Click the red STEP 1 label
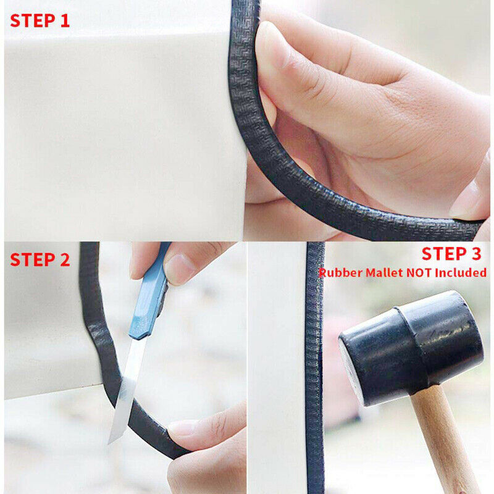click(40, 21)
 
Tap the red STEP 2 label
click(40, 260)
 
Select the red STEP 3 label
click(451, 254)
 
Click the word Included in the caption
click(461, 272)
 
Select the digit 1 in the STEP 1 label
click(65, 21)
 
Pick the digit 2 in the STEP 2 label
click(65, 260)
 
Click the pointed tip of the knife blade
click(109, 443)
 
